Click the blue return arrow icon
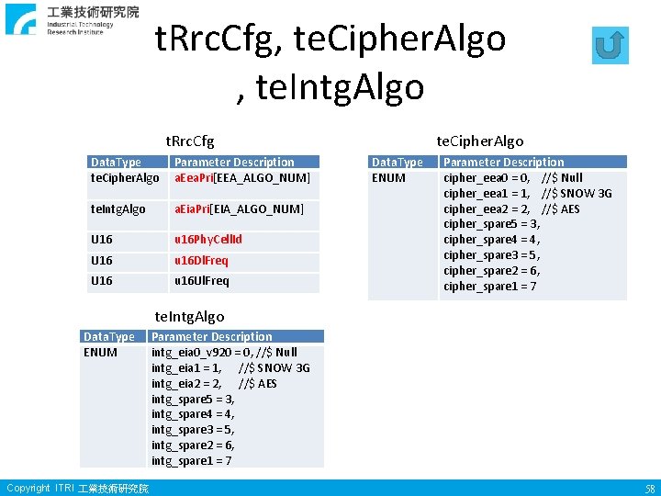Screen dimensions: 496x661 click(611, 46)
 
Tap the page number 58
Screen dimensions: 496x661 click(649, 489)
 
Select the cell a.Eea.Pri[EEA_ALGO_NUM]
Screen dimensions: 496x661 click(242, 177)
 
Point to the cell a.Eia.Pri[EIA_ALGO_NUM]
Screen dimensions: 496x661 click(239, 209)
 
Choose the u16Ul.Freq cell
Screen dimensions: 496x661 click(201, 281)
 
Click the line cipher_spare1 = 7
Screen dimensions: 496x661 click(490, 287)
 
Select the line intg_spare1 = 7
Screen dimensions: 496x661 click(191, 461)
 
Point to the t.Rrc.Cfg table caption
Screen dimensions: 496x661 click(189, 141)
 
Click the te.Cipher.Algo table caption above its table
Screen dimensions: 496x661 click(479, 141)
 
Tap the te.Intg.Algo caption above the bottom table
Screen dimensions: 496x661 click(189, 317)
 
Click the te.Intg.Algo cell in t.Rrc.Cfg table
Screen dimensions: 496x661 click(118, 209)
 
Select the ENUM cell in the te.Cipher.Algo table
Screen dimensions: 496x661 click(388, 178)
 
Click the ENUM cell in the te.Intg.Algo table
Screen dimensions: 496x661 click(100, 353)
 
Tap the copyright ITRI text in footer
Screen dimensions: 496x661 click(77, 489)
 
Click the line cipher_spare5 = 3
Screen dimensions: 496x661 click(491, 224)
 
